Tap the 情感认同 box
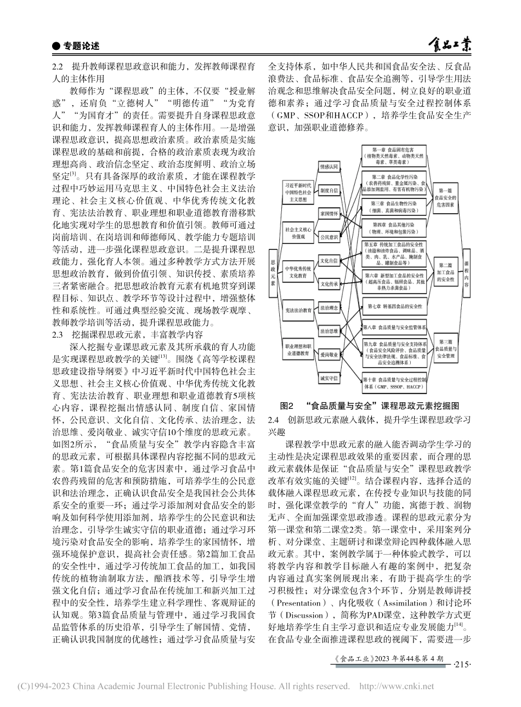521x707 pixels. pyautogui.click(x=329, y=166)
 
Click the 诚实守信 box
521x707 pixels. pyautogui.click(x=329, y=378)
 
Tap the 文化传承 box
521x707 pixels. pyautogui.click(x=329, y=284)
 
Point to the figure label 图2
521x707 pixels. pyautogui.click(x=288, y=407)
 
